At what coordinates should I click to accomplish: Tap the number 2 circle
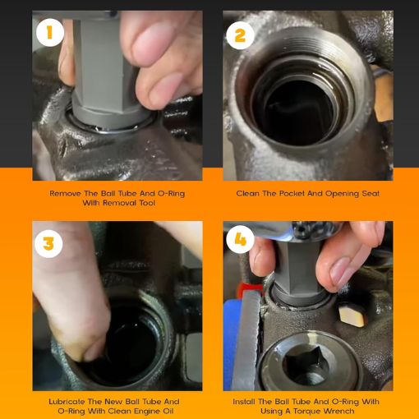pyautogui.click(x=240, y=35)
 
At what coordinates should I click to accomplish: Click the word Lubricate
pyautogui.click(x=67, y=402)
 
